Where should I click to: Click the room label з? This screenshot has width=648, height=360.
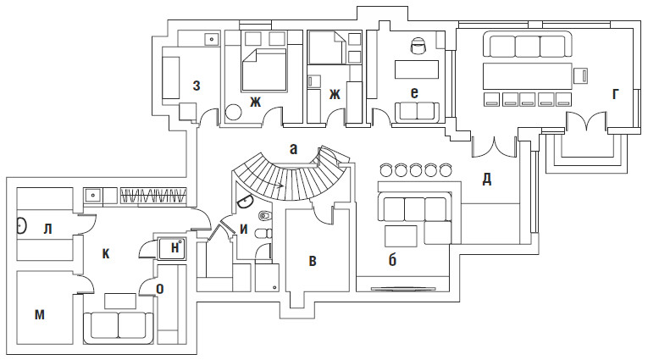[x=197, y=84]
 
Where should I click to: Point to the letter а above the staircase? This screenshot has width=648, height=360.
[x=293, y=148]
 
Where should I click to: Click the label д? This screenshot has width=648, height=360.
[x=487, y=179]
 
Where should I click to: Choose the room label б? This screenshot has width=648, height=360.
[x=392, y=259]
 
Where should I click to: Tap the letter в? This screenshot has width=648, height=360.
[x=313, y=261]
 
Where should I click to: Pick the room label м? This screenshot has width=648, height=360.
[x=39, y=314]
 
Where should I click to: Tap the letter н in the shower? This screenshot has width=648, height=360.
[x=174, y=246]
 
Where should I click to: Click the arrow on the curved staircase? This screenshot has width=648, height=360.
[x=280, y=182]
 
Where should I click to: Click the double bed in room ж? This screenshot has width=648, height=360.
[x=266, y=68]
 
